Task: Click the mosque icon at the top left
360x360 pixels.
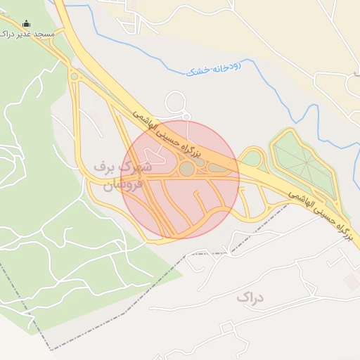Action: (27, 23)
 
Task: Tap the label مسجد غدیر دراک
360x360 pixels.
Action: (28, 34)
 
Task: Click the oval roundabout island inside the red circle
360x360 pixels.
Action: (186, 169)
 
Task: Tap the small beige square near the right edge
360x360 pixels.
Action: (351, 282)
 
